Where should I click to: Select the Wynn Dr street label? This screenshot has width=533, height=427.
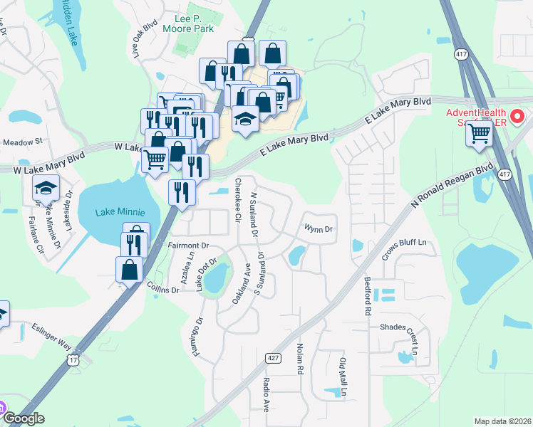click(319, 229)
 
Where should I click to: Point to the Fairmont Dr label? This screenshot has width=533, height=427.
click(187, 246)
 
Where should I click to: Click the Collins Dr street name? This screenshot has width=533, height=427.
click(162, 290)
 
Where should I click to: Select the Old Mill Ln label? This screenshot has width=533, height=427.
click(343, 377)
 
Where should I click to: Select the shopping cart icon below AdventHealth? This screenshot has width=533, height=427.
click(480, 133)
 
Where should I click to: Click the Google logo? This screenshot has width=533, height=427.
click(24, 418)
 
